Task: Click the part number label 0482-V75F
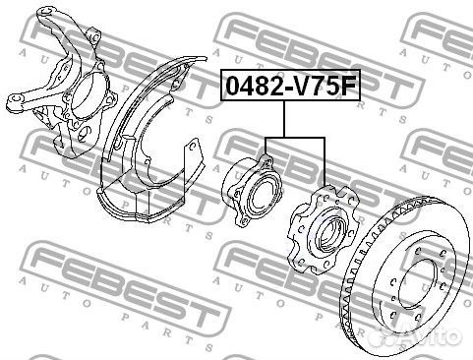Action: [x=290, y=85]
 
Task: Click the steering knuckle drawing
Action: [x=62, y=82]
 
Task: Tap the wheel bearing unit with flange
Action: [x=252, y=192]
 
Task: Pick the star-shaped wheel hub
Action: [x=323, y=229]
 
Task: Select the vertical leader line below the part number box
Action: [x=284, y=119]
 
